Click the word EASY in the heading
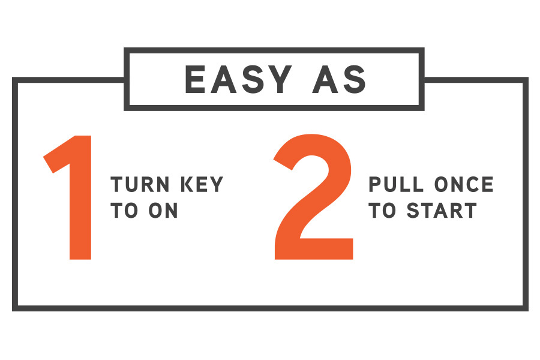click(238, 79)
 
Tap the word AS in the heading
click(339, 79)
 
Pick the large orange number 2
click(313, 197)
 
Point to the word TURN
click(140, 184)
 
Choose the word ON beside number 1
click(163, 211)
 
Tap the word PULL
click(396, 184)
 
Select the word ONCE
click(464, 184)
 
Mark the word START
click(442, 211)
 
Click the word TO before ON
click(124, 211)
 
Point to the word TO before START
click(382, 211)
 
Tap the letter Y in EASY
click(278, 79)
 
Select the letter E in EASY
click(195, 79)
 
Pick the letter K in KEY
click(188, 184)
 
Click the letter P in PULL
click(374, 184)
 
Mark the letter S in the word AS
click(355, 79)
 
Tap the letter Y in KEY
click(217, 184)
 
